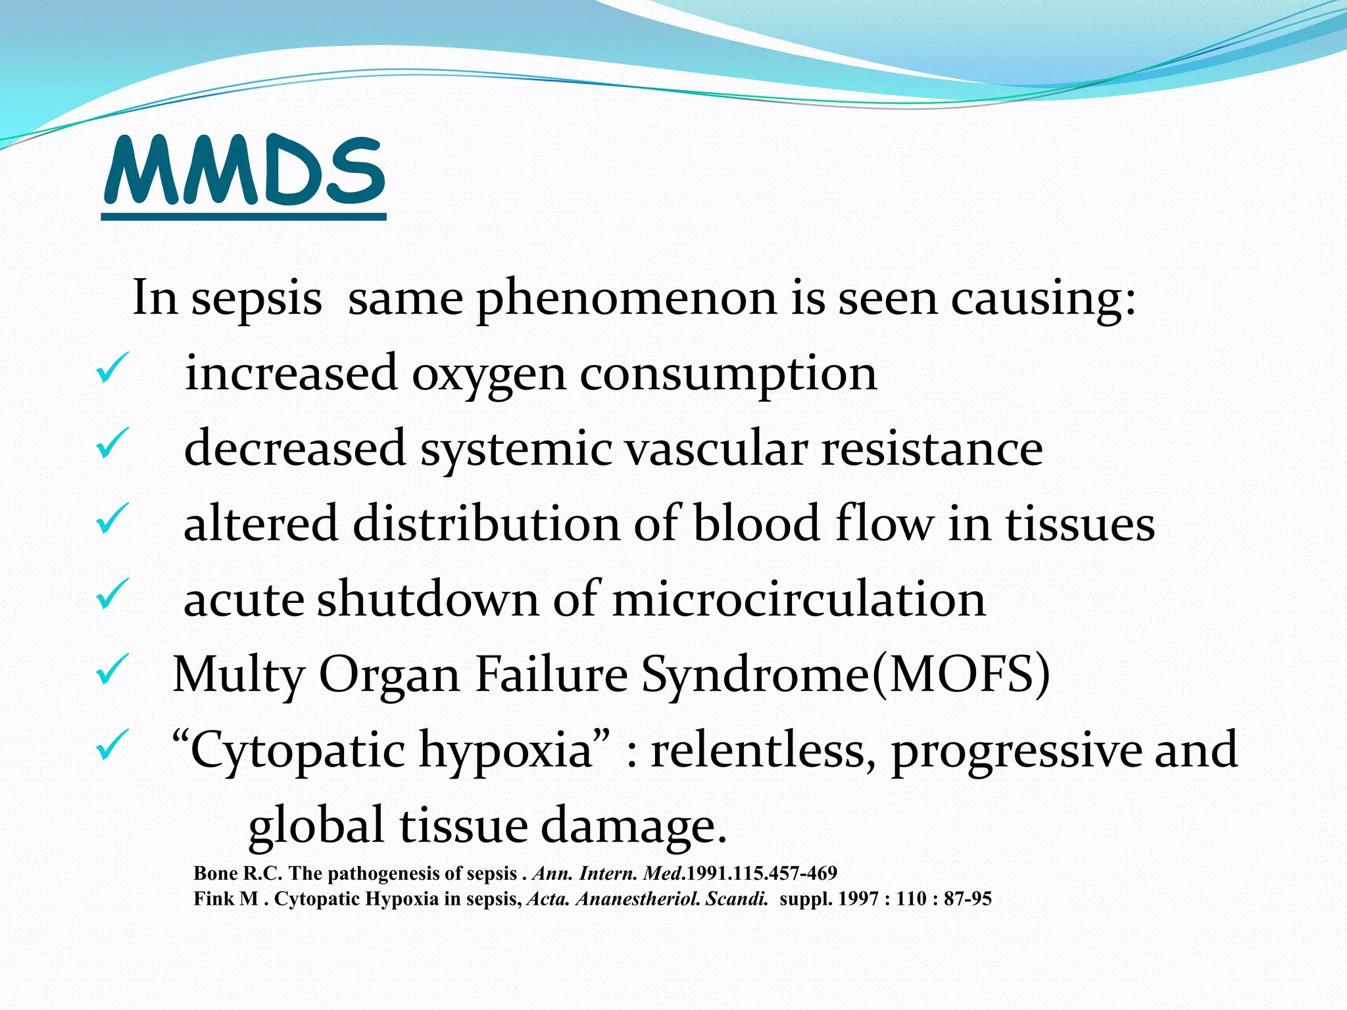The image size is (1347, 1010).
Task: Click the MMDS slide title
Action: [244, 172]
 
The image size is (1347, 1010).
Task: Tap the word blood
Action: [756, 524]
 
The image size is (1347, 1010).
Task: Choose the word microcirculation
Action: [798, 599]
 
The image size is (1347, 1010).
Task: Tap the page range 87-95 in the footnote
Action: [967, 899]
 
